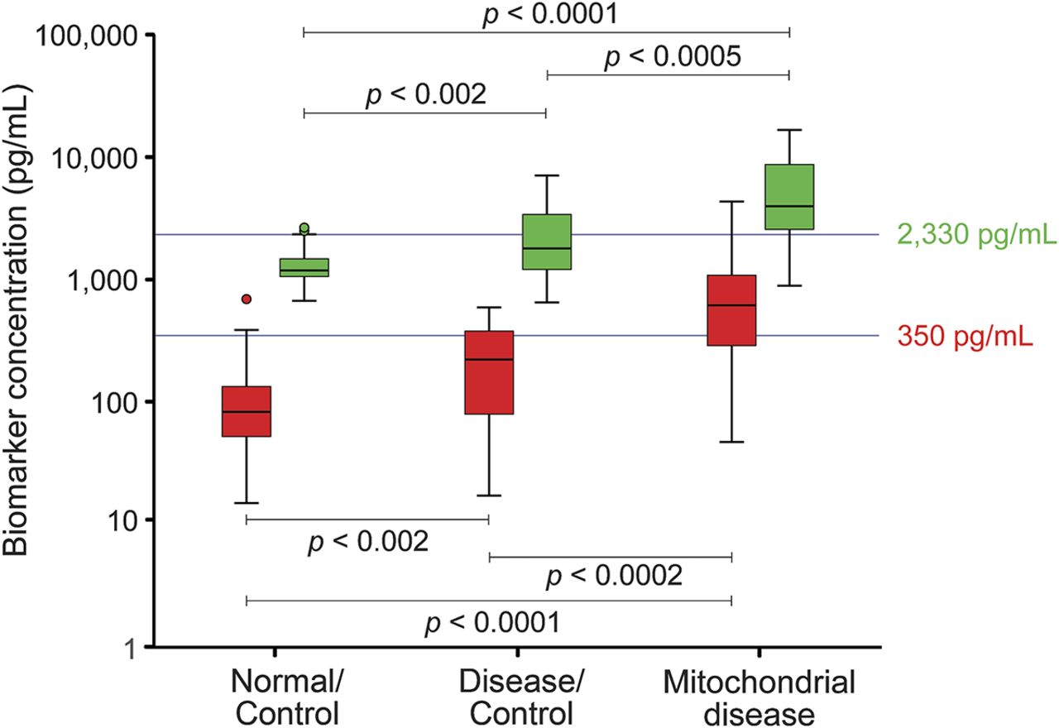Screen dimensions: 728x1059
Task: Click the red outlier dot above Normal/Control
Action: point(247,299)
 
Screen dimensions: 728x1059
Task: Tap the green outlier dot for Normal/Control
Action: point(304,227)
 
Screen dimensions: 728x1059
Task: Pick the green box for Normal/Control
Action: point(304,267)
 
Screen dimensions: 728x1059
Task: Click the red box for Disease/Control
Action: point(489,372)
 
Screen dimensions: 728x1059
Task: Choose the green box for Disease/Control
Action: point(547,242)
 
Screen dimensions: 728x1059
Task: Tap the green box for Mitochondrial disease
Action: point(789,196)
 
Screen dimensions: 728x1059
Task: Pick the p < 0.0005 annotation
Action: point(672,58)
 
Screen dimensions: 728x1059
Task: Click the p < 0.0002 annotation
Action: point(613,576)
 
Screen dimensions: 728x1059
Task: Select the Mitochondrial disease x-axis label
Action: point(759,698)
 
